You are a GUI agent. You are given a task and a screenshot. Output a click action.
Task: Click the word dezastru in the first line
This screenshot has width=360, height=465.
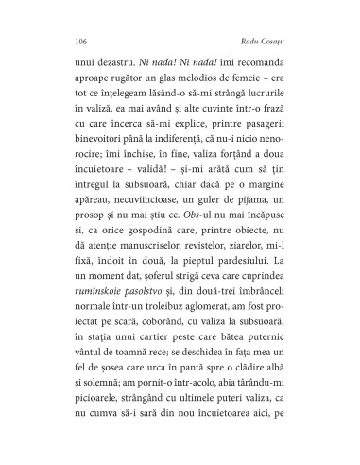(x=102, y=69)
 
